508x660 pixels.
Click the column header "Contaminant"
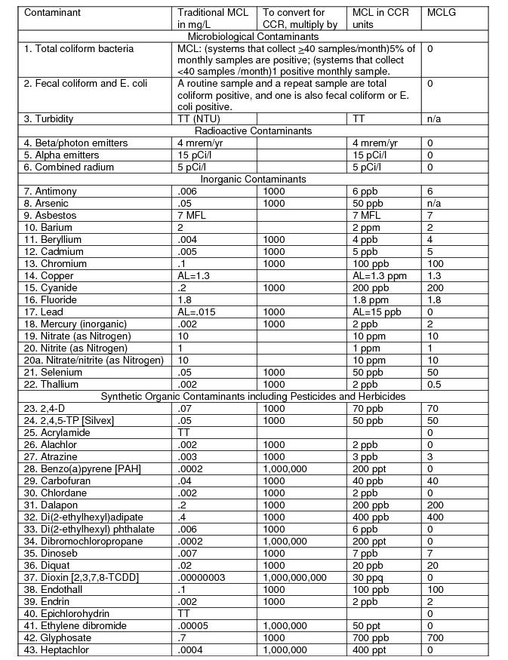(52, 13)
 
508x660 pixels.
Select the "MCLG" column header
(441, 13)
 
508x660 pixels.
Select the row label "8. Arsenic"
(46, 203)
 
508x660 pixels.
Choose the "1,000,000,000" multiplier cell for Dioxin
(295, 577)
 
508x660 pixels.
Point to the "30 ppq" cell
(368, 577)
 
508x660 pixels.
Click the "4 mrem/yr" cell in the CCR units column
(374, 143)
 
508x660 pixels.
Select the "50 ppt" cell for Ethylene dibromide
(366, 625)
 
